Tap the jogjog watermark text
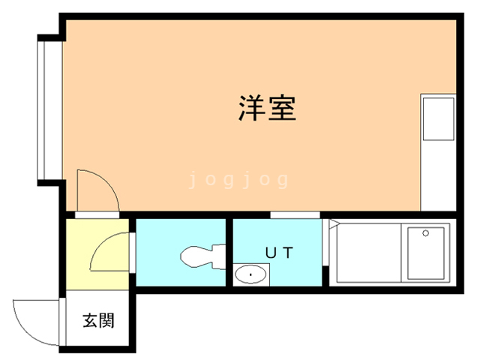pyautogui.click(x=238, y=180)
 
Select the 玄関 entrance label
pyautogui.click(x=98, y=321)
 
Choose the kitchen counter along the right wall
pyautogui.click(x=438, y=153)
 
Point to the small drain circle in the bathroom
pyautogui.click(x=426, y=233)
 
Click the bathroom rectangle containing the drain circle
pyautogui.click(x=424, y=253)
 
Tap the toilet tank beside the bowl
pyautogui.click(x=219, y=255)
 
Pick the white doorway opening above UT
pyautogui.click(x=295, y=214)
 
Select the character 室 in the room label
pyautogui.click(x=284, y=109)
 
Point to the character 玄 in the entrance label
pyautogui.click(x=90, y=321)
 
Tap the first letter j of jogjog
pyautogui.click(x=193, y=180)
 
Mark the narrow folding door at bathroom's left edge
pyautogui.click(x=328, y=253)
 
